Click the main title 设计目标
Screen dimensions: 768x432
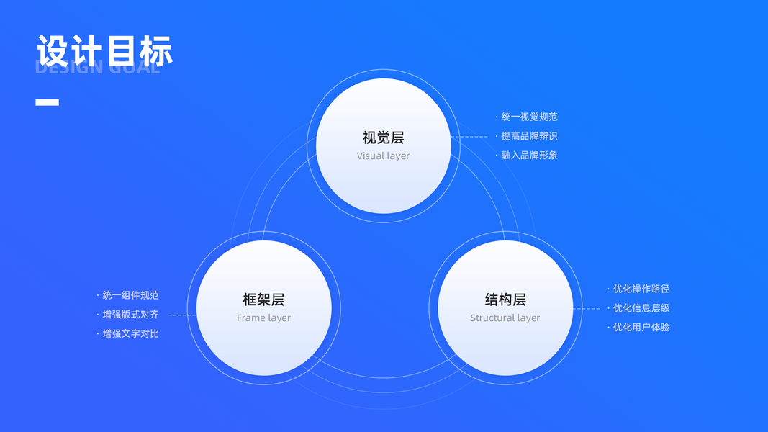click(x=104, y=51)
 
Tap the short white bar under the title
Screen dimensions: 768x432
click(x=47, y=102)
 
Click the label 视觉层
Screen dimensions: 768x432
click(x=383, y=138)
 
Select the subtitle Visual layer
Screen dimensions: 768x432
click(x=383, y=156)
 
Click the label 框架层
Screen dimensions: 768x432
click(x=263, y=300)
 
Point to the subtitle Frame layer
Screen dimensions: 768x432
click(x=263, y=318)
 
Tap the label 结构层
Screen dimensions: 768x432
click(x=505, y=300)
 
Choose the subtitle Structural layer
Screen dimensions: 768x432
click(x=505, y=318)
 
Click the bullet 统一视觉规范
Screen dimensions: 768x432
click(x=529, y=117)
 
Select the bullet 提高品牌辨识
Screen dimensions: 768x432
click(x=529, y=136)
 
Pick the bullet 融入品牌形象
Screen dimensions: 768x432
click(x=529, y=155)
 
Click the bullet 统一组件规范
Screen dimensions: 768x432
click(x=130, y=295)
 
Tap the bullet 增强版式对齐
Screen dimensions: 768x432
click(x=130, y=315)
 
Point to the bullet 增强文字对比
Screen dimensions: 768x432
click(x=130, y=333)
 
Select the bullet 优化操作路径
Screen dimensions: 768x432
click(x=641, y=289)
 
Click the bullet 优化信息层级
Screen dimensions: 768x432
click(x=641, y=308)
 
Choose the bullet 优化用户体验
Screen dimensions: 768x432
click(x=641, y=327)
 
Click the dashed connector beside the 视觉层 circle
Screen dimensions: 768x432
click(x=471, y=136)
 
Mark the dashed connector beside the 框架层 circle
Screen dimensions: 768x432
click(x=182, y=315)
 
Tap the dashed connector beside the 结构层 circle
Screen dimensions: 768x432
click(x=587, y=308)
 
